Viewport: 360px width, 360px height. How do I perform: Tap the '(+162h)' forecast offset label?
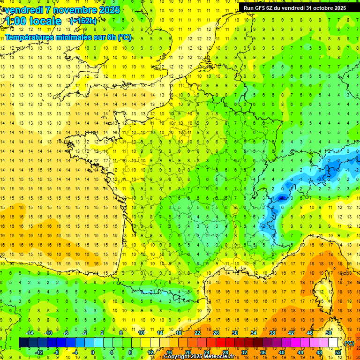[83, 21]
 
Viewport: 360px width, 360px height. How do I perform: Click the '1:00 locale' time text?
[33, 21]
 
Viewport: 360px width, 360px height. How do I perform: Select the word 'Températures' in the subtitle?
[30, 37]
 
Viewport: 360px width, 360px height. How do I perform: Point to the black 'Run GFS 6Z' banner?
[294, 8]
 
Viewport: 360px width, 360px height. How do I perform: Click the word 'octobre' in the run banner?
[318, 8]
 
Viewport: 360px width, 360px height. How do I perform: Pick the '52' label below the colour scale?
[338, 352]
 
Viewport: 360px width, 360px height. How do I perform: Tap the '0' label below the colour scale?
[93, 352]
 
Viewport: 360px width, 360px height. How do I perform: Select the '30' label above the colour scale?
[234, 333]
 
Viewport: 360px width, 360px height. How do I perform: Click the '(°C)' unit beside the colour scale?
[349, 343]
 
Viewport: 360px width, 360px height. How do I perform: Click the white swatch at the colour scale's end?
[333, 343]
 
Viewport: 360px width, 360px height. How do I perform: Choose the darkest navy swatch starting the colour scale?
[23, 343]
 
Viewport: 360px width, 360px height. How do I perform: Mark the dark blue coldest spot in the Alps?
[281, 198]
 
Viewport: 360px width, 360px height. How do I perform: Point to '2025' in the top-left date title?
[109, 10]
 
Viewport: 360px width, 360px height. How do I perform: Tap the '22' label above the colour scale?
[197, 333]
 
